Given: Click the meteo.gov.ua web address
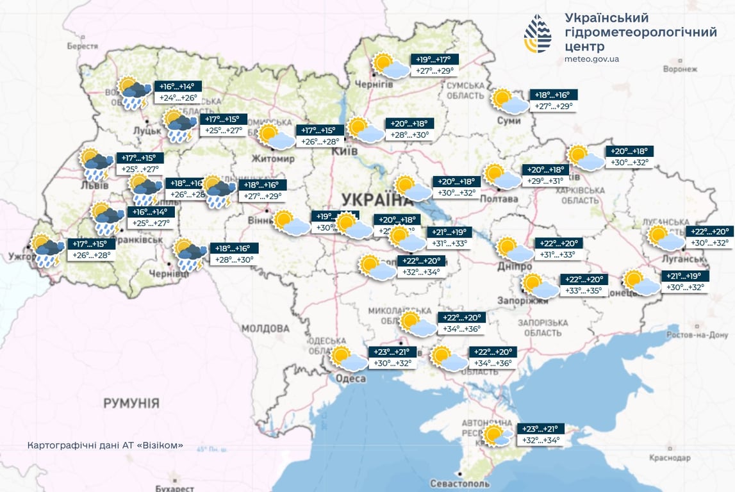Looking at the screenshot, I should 591,59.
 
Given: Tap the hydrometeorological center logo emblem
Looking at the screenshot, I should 537,33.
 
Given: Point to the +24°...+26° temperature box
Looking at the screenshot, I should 178,99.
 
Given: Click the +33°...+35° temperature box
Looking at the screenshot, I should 582,291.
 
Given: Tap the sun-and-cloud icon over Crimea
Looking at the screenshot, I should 497,436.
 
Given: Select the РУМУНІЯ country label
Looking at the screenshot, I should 131,404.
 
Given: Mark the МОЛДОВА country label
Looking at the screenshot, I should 267,328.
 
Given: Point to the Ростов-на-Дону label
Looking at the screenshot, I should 697,335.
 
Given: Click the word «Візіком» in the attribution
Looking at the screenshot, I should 160,445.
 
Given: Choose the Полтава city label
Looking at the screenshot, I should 499,199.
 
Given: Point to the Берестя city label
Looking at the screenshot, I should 82,46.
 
